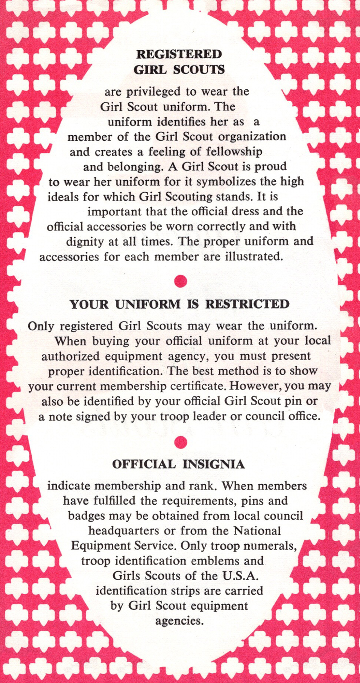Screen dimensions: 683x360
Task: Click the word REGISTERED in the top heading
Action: [x=179, y=54]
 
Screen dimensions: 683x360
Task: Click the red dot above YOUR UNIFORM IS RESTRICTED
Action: [x=181, y=281]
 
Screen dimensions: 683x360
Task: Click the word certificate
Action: [x=198, y=386]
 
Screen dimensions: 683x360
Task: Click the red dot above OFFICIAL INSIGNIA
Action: [x=181, y=442]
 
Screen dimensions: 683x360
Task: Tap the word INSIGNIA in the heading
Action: [x=214, y=464]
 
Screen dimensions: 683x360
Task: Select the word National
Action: [x=257, y=531]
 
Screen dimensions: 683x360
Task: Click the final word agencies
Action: [x=179, y=621]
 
